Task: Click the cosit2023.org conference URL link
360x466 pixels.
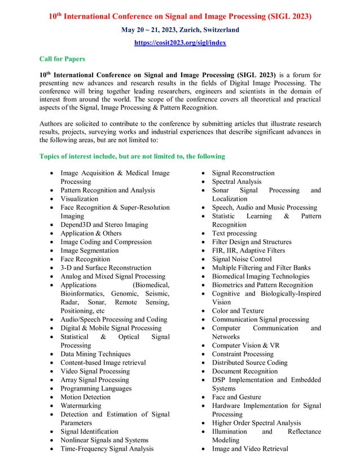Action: tap(179, 43)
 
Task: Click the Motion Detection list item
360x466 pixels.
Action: tap(86, 397)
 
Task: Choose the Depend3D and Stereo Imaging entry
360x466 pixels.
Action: tap(104, 225)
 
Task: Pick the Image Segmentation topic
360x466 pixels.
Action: tap(90, 250)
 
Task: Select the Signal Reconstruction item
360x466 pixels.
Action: tap(243, 173)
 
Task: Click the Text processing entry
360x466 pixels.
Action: tap(234, 233)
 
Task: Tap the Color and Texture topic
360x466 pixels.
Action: tap(238, 311)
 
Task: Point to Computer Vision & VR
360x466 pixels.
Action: tap(245, 345)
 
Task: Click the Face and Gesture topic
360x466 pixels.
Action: tap(236, 397)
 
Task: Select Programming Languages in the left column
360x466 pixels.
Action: tap(96, 389)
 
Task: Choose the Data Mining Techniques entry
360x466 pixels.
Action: tap(95, 354)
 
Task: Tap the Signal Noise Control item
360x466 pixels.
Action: tap(242, 259)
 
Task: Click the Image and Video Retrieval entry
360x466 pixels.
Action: tap(250, 449)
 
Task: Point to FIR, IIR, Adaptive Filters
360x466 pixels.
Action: tap(248, 250)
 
